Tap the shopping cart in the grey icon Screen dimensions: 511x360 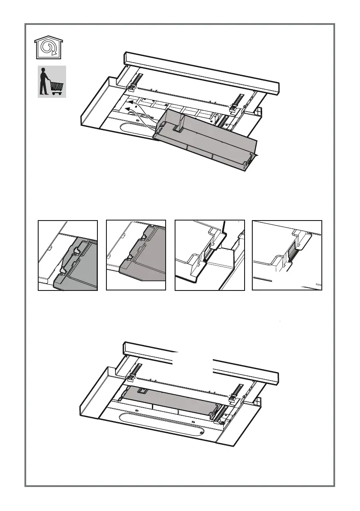tap(57, 88)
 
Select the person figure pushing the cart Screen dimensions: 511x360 tap(43, 82)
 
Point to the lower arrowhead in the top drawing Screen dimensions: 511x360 tap(127, 110)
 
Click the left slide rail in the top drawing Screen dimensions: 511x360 tap(136, 82)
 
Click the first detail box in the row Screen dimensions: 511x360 tap(68, 255)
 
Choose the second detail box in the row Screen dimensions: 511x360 tap(136, 255)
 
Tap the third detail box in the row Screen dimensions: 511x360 tap(209, 255)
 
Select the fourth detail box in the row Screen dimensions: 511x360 tap(287, 255)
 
